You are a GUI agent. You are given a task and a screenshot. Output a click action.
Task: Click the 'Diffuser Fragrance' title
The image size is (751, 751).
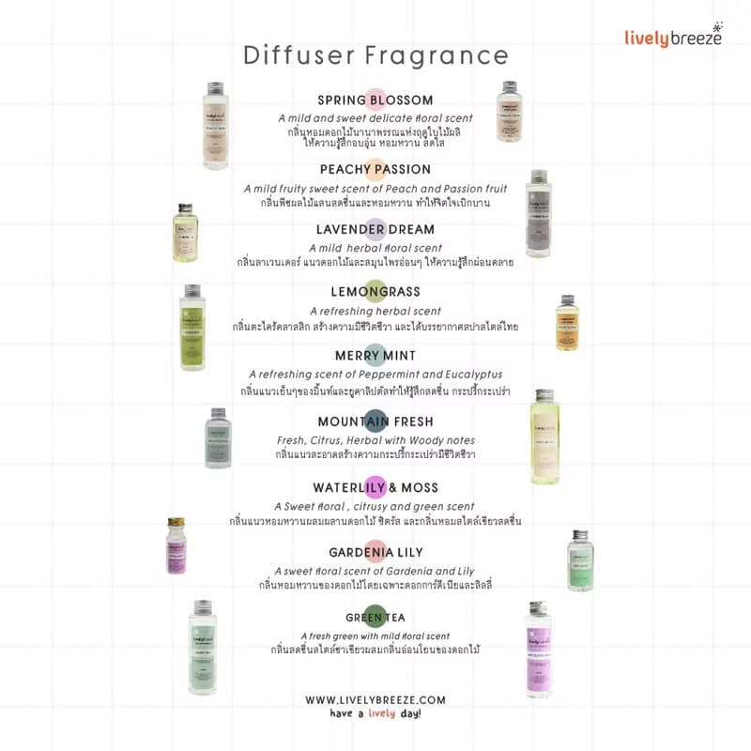[x=375, y=54]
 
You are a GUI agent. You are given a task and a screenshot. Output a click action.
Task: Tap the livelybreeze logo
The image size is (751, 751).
[x=673, y=38]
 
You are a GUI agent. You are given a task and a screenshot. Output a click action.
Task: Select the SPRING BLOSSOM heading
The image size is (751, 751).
[x=375, y=100]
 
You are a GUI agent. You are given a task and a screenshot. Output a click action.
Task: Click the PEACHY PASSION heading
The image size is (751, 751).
[x=375, y=170]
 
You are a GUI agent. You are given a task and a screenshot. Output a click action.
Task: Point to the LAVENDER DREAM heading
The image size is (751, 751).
[x=375, y=229]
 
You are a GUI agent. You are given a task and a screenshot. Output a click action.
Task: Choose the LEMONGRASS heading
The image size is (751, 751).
[x=375, y=292]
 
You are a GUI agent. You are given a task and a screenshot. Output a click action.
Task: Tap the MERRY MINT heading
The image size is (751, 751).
[x=375, y=356]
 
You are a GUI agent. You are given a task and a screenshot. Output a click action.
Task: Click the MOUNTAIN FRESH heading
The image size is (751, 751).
[x=375, y=421]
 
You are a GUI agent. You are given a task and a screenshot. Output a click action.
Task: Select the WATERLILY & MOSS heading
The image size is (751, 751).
[x=375, y=487]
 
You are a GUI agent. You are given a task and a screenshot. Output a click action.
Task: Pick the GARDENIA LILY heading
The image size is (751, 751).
[x=375, y=552]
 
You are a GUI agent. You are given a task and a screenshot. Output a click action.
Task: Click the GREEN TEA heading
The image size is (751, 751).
[x=375, y=617]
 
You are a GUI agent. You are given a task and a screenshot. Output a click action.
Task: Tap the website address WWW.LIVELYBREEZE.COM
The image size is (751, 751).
[x=375, y=699]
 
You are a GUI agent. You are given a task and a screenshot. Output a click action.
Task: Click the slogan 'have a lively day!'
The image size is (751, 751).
[x=375, y=714]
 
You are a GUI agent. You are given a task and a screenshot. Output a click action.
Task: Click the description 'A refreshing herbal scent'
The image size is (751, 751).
[x=375, y=311]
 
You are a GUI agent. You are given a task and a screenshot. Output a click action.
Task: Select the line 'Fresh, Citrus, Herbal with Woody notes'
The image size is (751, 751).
[x=375, y=440]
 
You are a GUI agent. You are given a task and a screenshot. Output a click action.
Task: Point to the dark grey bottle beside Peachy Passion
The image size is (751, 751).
[x=537, y=214]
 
